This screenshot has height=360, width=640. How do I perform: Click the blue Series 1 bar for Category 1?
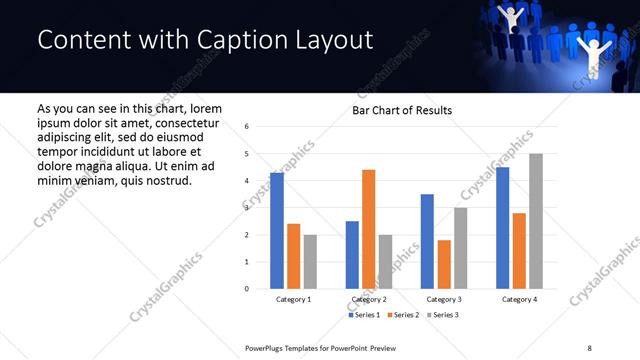[277, 231]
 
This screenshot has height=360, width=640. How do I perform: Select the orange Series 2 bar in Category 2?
[368, 229]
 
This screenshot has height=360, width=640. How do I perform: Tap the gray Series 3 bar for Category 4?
[536, 221]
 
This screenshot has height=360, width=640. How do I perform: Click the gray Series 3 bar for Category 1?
[310, 262]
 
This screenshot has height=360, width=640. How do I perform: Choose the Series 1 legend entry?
[364, 315]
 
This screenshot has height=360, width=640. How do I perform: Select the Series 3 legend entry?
[442, 315]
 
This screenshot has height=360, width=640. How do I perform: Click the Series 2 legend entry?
[403, 315]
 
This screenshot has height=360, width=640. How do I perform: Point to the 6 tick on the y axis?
[247, 126]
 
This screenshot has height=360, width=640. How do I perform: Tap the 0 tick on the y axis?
[247, 289]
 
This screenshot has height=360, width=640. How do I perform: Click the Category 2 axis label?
[368, 300]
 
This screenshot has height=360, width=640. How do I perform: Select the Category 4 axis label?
[519, 300]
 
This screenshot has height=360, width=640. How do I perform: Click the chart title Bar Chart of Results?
[402, 110]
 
